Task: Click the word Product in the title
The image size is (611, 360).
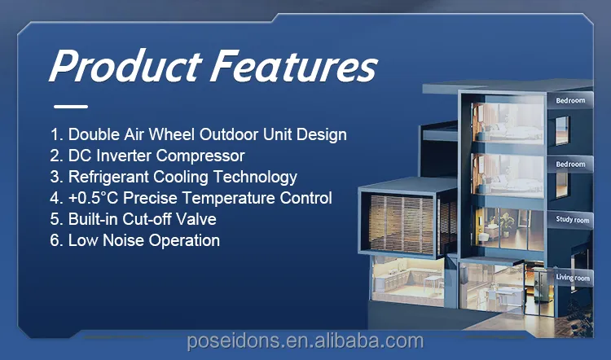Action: click(125, 65)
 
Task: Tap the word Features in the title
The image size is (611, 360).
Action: click(294, 65)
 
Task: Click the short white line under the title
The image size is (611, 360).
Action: click(71, 107)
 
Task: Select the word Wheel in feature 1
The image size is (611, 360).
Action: click(171, 134)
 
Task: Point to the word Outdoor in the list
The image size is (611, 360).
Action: click(229, 134)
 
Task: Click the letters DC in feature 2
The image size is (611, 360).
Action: click(80, 156)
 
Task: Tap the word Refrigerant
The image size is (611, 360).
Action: click(108, 178)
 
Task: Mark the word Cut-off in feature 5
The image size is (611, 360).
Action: click(147, 219)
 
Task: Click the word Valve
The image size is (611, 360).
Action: click(196, 219)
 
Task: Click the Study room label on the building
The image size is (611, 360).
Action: click(573, 220)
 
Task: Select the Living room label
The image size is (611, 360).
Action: click(573, 278)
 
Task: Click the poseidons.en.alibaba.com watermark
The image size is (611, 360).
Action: click(305, 341)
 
